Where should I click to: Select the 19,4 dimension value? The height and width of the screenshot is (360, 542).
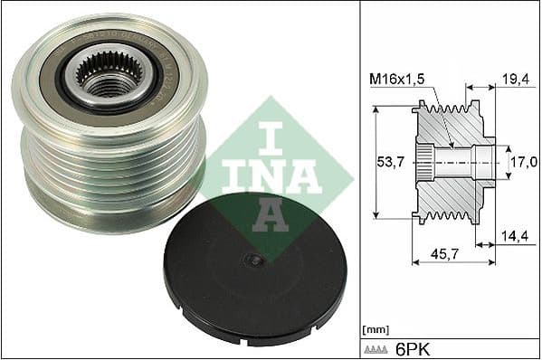click(514, 81)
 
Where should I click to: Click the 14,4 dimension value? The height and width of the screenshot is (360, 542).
click(514, 236)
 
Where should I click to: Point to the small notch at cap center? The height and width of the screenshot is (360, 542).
click(256, 260)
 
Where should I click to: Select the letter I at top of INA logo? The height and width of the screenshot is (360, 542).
click(274, 135)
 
